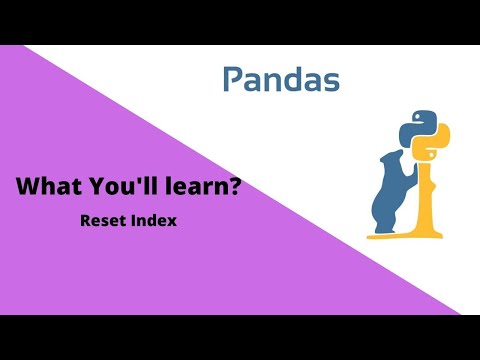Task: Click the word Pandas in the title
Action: coord(280,80)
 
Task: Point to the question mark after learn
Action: coord(234,186)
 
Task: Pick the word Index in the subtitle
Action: coord(154,220)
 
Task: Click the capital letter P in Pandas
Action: coord(232,80)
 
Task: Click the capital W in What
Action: coord(27,186)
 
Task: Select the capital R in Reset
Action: coord(85,220)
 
